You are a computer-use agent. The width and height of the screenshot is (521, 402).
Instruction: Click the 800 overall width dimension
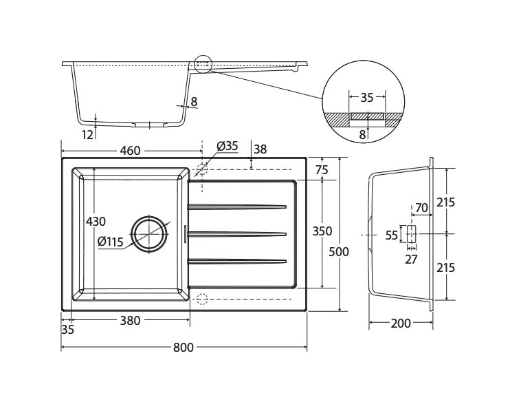pos(184,348)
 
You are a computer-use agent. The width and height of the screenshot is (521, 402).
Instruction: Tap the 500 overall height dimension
pos(339,251)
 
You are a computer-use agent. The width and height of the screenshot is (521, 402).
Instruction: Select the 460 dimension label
pos(131,151)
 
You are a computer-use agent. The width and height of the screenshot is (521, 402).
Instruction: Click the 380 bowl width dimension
pos(131,321)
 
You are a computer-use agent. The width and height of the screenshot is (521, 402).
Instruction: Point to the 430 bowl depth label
pos(96,221)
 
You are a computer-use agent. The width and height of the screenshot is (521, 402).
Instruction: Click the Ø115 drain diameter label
pos(111,242)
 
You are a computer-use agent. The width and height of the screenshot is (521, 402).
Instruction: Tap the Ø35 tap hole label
pos(228,146)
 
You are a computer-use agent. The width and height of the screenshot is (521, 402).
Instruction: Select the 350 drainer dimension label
pos(322,231)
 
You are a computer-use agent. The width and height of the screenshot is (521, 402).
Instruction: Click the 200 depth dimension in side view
pos(401,323)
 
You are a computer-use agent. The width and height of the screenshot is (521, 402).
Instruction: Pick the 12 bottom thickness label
pos(87,135)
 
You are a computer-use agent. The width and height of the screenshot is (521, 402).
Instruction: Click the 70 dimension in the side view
pos(421,208)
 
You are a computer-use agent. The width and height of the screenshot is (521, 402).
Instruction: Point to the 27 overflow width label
pos(411,260)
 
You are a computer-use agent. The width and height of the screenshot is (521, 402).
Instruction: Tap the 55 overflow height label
pos(391,235)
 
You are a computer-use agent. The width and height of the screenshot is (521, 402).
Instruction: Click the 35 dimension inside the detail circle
pos(367,98)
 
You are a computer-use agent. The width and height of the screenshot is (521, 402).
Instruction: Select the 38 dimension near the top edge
pos(260,149)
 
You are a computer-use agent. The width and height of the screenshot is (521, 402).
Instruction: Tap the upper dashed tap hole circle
pos(202,169)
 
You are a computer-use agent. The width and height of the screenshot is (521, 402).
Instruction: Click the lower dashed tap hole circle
pos(202,299)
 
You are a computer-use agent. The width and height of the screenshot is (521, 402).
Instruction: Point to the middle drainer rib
pos(237,234)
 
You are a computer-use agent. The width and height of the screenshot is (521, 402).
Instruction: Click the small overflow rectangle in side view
pos(411,234)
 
